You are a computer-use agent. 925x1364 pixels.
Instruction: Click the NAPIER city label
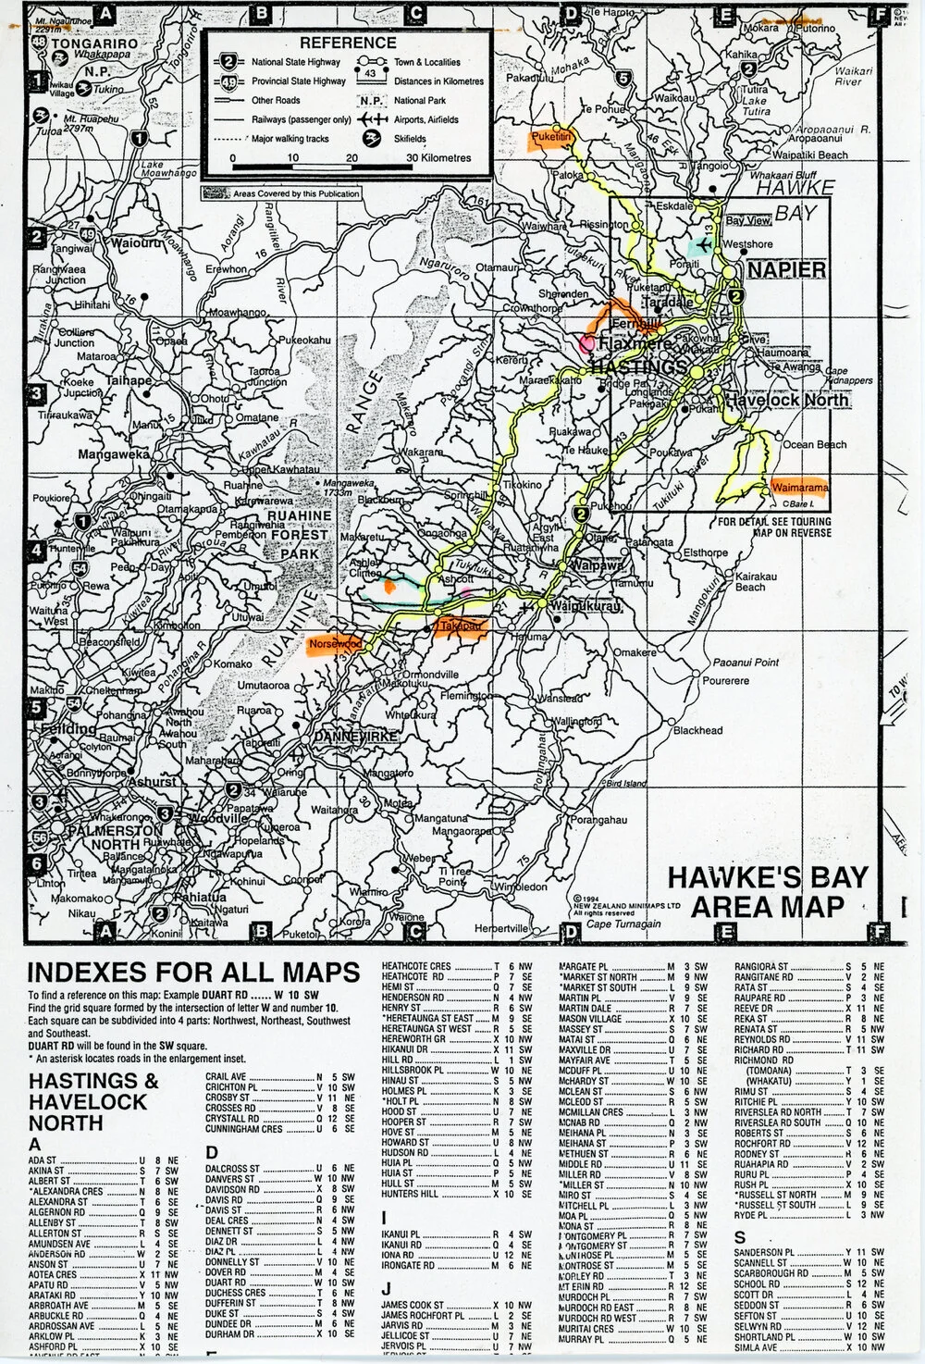pos(785,269)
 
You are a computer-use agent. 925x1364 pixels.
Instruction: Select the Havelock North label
pos(785,401)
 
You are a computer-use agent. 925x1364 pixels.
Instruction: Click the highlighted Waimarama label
pos(798,487)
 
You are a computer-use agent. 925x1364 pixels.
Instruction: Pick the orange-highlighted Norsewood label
pos(336,642)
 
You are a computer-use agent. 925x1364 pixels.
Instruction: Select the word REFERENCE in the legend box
pos(347,43)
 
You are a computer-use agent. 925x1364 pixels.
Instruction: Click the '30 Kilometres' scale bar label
pos(438,157)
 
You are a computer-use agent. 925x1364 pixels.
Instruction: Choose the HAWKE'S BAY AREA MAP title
pos(768,891)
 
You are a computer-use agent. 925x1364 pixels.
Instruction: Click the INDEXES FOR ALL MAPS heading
pos(193,972)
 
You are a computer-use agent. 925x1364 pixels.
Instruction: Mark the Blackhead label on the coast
pos(697,730)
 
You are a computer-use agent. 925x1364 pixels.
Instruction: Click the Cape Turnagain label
pos(624,924)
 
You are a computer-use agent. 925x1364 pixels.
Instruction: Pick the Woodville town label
pos(219,818)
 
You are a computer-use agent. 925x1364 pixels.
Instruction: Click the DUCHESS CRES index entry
pos(236,1293)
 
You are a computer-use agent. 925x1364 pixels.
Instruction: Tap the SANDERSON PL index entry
pos(764,1253)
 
